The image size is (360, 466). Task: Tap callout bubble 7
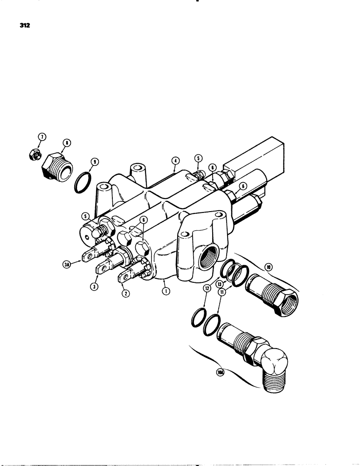tap(42, 137)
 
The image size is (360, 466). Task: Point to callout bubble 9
tap(95, 162)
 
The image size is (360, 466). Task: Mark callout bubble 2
tap(125, 294)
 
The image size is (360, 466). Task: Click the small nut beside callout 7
tap(33, 154)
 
